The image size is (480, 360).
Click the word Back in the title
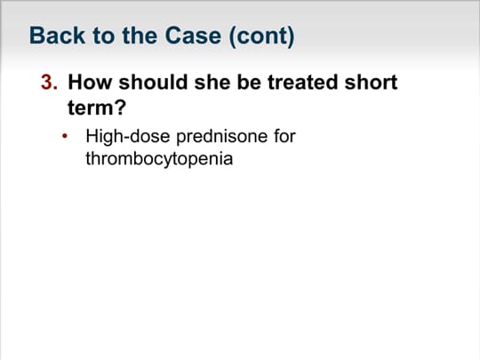[57, 36]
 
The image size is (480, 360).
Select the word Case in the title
[193, 36]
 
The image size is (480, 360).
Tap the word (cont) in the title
[261, 36]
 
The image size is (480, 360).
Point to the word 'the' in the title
[140, 36]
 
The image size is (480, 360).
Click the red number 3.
[49, 82]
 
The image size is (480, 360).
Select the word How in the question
[90, 82]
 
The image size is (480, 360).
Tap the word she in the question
[212, 82]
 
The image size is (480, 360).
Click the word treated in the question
[303, 82]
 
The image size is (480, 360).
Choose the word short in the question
[371, 82]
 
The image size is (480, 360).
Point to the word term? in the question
[97, 108]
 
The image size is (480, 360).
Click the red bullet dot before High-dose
[65, 136]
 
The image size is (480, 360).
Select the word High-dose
[128, 137]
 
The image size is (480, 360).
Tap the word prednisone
[222, 137]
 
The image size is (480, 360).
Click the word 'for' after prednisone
[284, 136]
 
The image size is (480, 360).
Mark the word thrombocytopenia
[159, 159]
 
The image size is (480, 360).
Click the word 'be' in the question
[249, 82]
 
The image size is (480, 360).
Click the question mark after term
[121, 108]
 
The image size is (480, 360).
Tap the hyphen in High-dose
[126, 139]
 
